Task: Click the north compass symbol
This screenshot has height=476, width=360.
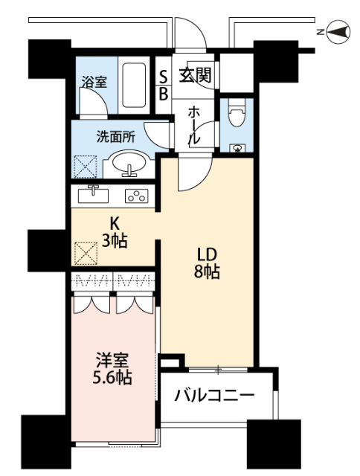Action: click(x=338, y=31)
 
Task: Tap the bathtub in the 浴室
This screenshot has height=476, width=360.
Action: click(x=134, y=85)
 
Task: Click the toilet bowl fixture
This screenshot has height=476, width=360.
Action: click(x=236, y=114)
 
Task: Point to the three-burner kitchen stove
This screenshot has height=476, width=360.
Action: click(x=137, y=196)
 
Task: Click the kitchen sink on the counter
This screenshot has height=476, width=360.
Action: click(x=93, y=195)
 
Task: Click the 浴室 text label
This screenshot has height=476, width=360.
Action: click(x=94, y=82)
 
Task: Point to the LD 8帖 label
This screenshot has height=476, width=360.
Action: click(x=207, y=263)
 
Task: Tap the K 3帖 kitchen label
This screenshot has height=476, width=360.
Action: click(x=115, y=233)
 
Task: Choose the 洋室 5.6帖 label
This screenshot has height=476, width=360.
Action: click(x=112, y=369)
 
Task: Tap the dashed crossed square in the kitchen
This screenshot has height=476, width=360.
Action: click(x=86, y=253)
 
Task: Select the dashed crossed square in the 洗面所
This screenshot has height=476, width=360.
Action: click(x=86, y=167)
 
